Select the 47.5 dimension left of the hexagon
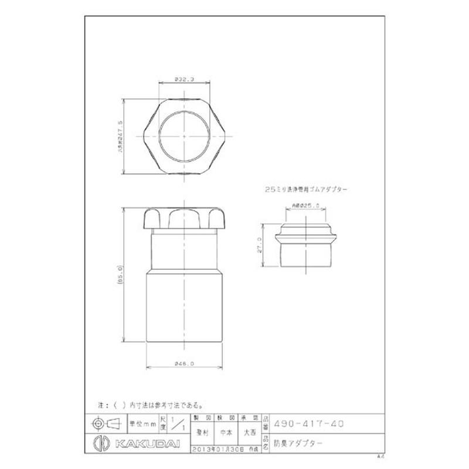pyautogui.click(x=120, y=136)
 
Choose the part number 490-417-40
pyautogui.click(x=308, y=423)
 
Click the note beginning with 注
pyautogui.click(x=149, y=405)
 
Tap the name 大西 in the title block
pyautogui.click(x=250, y=434)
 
